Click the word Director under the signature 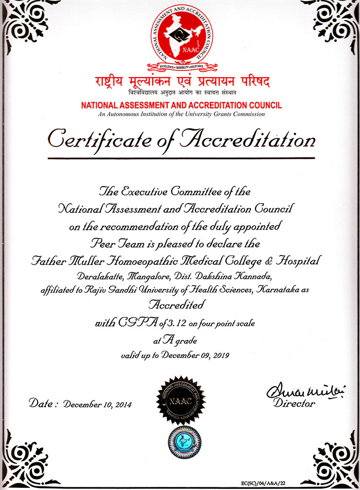tap(294, 404)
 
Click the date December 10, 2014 tap(98, 404)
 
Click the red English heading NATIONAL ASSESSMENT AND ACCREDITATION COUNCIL tap(181, 105)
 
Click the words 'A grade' tap(180, 340)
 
